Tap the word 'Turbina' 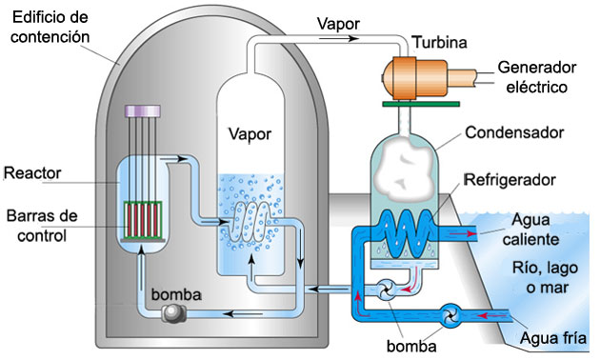pyautogui.click(x=439, y=42)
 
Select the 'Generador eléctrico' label pyautogui.click(x=537, y=77)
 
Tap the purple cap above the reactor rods pyautogui.click(x=147, y=111)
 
